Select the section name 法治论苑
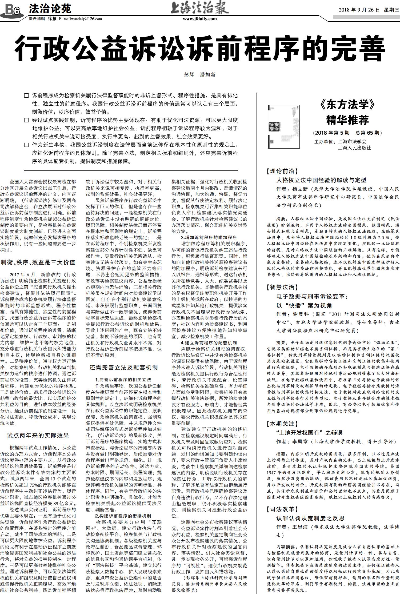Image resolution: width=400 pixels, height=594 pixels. point(50,9)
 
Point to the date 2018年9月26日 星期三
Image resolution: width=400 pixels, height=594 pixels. point(369,10)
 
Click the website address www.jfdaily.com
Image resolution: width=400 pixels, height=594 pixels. point(200,19)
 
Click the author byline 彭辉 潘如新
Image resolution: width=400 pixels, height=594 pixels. point(200,75)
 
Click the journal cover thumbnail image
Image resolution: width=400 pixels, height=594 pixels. point(283,127)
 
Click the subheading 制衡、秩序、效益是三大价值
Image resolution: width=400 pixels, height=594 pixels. point(38,262)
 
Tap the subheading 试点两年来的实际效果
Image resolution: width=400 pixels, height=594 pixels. point(38,435)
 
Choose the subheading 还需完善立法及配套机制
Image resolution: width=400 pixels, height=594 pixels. point(123,367)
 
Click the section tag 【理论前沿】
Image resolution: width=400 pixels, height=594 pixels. point(282,171)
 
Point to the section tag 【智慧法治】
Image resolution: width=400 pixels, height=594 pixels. point(282,287)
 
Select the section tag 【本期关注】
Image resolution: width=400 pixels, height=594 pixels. point(282,423)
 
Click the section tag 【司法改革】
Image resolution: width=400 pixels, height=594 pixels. point(282,509)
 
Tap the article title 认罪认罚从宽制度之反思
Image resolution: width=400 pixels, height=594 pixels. point(310,518)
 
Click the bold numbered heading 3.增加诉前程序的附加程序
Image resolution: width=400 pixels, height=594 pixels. point(209,237)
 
